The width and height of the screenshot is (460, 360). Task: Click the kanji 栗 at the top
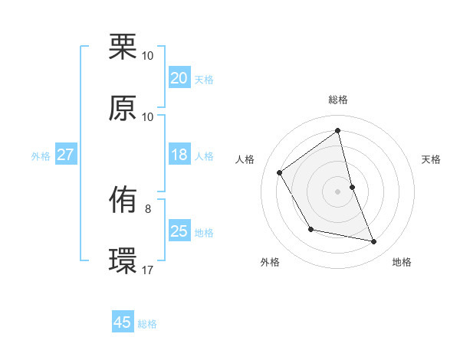point(123,47)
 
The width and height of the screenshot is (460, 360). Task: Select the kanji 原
point(123,108)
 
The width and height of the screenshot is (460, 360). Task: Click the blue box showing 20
point(179,78)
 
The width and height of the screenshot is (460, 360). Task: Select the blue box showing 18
point(179,155)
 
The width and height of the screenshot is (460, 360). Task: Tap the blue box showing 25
point(179,231)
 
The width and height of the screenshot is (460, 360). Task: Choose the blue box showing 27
point(65,155)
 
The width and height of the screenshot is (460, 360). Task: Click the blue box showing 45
point(123,322)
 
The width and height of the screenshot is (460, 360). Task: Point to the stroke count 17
point(148,270)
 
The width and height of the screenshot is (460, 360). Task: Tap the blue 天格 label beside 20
point(204,80)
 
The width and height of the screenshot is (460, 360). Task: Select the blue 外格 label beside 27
point(41,156)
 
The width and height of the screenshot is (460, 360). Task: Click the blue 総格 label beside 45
point(148,324)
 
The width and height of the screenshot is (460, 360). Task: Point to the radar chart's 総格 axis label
point(338,100)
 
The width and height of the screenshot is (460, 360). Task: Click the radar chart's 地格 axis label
point(402,262)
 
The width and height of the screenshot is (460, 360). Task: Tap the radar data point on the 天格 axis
point(352,186)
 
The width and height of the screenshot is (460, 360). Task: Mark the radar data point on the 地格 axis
point(374,241)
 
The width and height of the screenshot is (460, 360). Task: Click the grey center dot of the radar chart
point(338,191)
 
